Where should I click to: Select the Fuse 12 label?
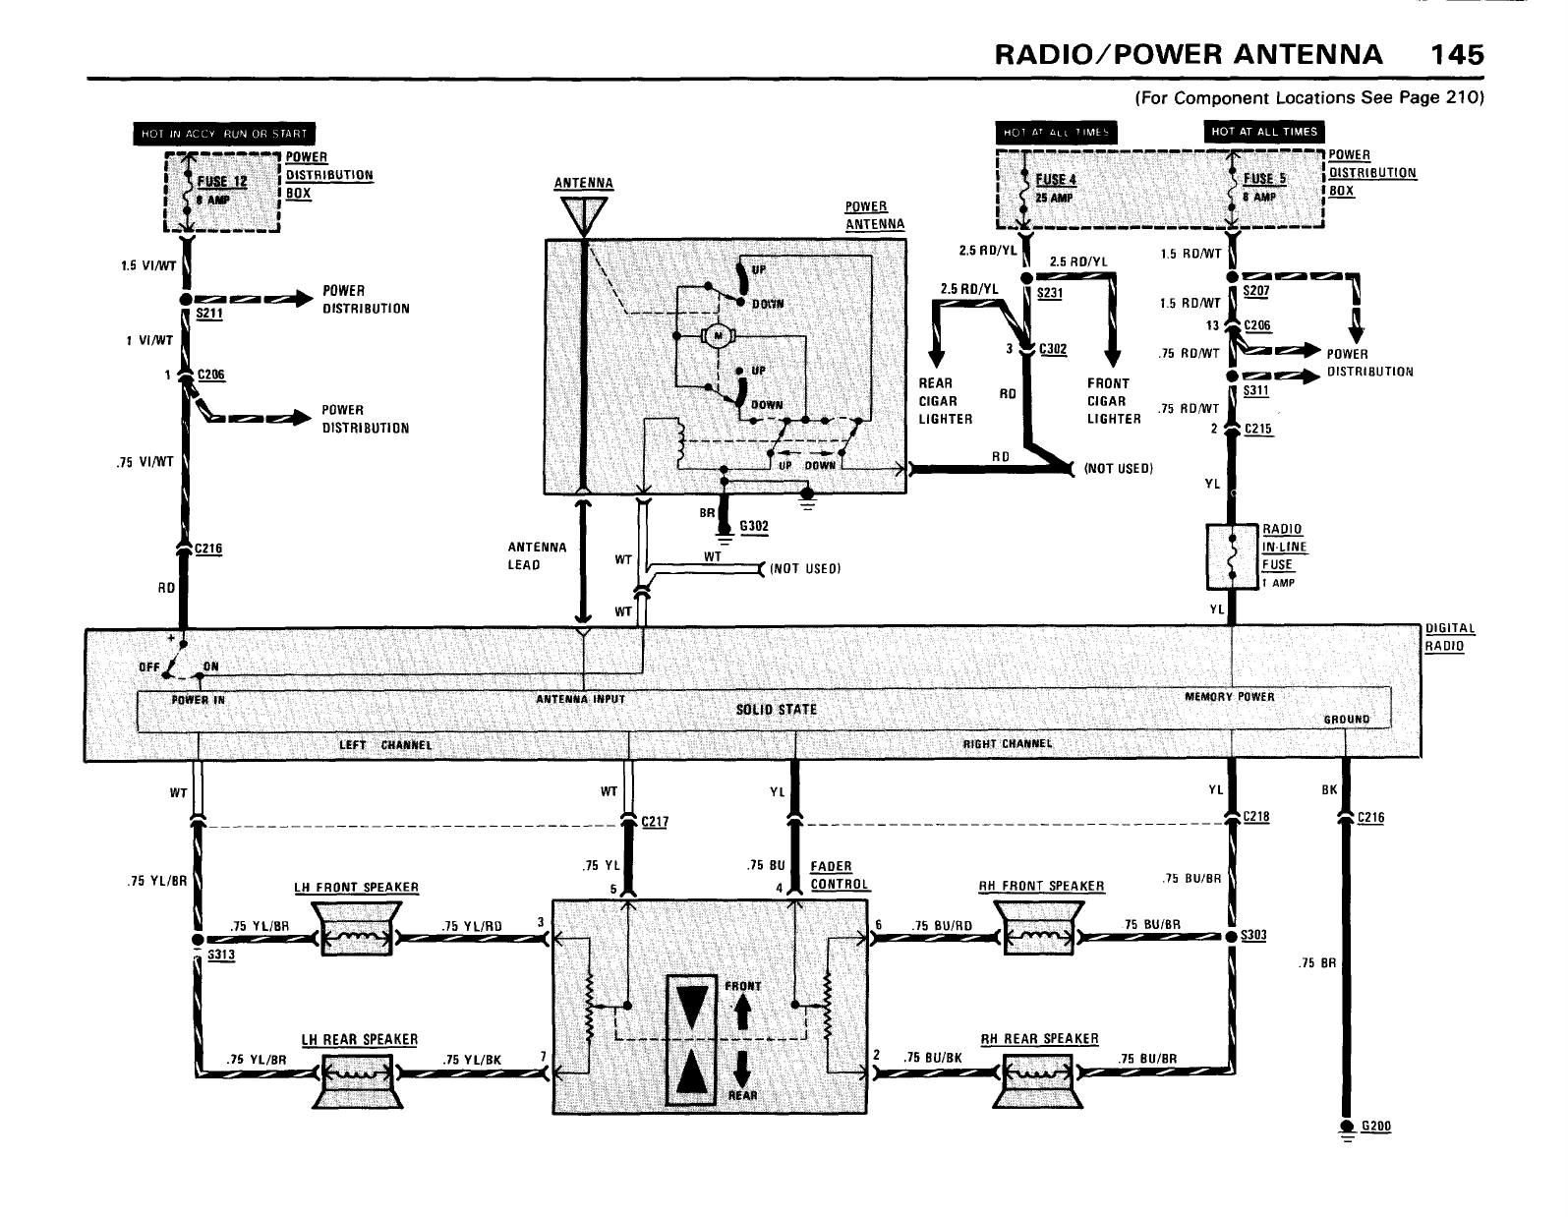pos(223,182)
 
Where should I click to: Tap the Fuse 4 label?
pos(1057,179)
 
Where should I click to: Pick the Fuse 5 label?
pos(1264,179)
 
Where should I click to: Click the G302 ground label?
pos(753,527)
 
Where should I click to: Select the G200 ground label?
pos(1376,1127)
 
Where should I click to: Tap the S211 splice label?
pos(209,315)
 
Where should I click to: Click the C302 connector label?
pos(1053,349)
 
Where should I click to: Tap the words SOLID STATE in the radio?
pos(776,710)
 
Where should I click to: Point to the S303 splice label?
pos(1254,935)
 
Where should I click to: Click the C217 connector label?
pos(655,822)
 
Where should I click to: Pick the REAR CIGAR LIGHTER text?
pos(945,401)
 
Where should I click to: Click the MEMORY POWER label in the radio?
pos(1229,697)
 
